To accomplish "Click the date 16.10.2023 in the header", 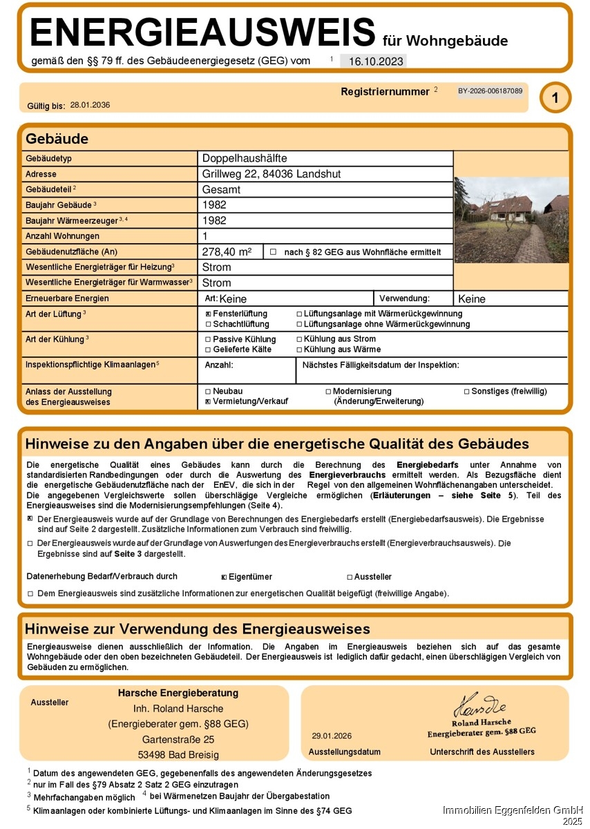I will point(375,61).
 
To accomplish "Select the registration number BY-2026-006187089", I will point(490,91).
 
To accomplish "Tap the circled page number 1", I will point(555,97).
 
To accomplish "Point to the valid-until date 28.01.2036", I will point(90,106).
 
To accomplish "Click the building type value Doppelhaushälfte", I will point(245,159).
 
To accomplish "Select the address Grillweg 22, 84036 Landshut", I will point(272,174).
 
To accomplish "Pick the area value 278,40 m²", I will point(227,252).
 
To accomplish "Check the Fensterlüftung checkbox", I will point(209,314).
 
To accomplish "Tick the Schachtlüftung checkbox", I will point(209,324).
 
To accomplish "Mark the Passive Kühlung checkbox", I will point(209,340).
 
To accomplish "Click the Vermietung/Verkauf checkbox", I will point(209,401).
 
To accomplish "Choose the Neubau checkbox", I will point(209,392).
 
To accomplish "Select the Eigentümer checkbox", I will point(224,577).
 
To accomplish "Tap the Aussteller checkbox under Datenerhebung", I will point(350,577).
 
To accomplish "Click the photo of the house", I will point(511,220).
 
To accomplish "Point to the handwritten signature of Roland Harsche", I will point(479,707).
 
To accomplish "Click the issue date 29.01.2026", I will point(332,736).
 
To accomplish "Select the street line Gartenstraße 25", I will point(178,739).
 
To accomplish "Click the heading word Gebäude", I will point(57,139).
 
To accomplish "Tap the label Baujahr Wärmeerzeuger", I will point(68,220).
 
